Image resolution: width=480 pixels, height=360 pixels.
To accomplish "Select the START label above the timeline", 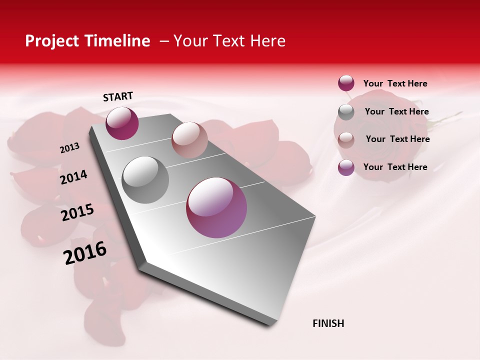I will (118, 96).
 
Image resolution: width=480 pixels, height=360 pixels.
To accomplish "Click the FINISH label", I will (328, 323).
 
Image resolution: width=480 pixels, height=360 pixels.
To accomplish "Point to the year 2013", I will (69, 148).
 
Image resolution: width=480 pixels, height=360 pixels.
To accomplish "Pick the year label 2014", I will (73, 177).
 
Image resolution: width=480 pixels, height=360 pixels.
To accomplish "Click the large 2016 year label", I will (85, 253).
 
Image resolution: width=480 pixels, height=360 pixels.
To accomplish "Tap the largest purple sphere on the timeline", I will (216, 207).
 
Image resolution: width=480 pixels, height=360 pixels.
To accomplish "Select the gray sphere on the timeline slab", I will (145, 180).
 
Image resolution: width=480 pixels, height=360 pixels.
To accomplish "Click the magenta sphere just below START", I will (122, 123).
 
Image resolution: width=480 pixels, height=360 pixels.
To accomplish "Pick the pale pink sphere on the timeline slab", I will (189, 139).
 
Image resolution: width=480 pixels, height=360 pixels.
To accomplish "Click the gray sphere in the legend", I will (346, 112).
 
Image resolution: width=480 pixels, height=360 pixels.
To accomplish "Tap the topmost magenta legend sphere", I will (346, 83).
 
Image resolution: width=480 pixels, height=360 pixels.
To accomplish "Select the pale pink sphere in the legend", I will (346, 139).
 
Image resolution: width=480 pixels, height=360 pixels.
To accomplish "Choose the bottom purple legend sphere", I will (346, 167).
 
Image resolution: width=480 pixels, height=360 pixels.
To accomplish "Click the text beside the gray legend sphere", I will (396, 111).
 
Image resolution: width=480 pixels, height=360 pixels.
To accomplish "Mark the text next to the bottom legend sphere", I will (395, 167).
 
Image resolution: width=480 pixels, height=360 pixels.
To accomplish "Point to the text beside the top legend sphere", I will (395, 83).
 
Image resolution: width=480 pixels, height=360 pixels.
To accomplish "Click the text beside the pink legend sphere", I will (397, 139).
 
